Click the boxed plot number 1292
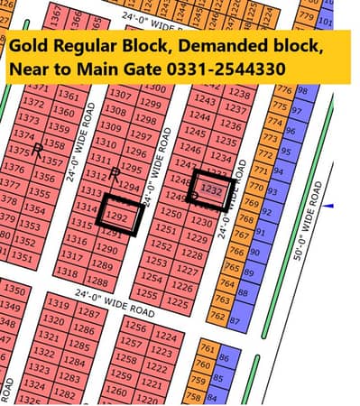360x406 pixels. tap(115, 217)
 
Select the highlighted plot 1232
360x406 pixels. tap(211, 191)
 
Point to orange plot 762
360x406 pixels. tap(217, 316)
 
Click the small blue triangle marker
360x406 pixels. tap(328, 207)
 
